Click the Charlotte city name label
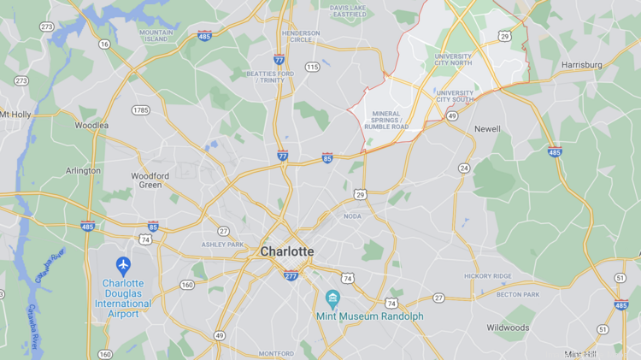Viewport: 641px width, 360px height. click(286, 251)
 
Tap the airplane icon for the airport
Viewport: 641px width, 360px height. click(123, 264)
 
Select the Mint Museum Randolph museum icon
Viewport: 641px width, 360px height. click(332, 298)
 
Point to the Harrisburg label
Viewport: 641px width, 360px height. click(582, 65)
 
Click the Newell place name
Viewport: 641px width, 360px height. click(487, 129)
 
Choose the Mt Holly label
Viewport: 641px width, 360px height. click(15, 114)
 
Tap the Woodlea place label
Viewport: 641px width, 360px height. click(91, 125)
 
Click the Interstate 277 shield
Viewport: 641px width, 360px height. click(291, 274)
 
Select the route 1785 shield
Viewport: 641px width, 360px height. click(140, 110)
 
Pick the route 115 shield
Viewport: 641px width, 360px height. click(313, 67)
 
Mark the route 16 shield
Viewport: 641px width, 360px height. click(104, 44)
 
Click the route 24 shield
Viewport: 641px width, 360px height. click(463, 168)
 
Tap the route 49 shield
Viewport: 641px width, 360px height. click(220, 334)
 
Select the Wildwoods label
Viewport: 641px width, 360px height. click(508, 328)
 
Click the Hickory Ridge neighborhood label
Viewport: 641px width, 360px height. click(487, 276)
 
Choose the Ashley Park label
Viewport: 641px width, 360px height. click(223, 245)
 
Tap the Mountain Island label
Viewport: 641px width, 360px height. click(154, 35)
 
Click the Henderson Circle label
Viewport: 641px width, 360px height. click(301, 37)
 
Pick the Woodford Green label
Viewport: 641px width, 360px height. click(150, 180)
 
